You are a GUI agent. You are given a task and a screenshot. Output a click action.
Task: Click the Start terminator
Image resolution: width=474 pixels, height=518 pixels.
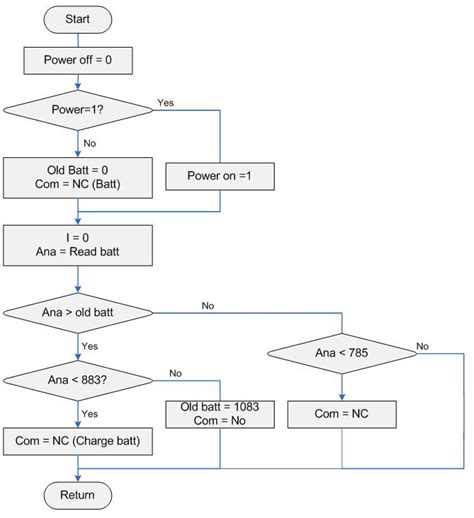click(x=77, y=19)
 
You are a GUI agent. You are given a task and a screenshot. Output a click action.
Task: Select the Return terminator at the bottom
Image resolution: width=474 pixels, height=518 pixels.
click(x=77, y=495)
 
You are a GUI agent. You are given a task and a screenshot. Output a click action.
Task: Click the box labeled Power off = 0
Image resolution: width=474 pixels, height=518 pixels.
click(x=77, y=60)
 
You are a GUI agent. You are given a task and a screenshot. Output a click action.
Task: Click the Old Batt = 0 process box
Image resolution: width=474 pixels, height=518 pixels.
click(x=77, y=176)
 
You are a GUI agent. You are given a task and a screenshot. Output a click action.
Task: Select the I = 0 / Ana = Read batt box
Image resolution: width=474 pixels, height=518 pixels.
click(x=77, y=244)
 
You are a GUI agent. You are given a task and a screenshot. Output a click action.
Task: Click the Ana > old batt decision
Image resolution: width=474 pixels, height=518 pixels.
click(x=77, y=314)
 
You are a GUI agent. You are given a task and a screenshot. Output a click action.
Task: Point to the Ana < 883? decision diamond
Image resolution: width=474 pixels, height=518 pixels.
click(x=77, y=379)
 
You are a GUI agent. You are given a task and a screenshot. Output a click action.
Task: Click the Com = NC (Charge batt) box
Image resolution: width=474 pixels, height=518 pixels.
click(x=77, y=440)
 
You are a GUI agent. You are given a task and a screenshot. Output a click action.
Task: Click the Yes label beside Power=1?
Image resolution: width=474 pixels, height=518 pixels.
click(x=167, y=102)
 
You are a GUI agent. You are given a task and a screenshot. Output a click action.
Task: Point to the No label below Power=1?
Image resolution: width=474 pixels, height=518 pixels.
click(x=91, y=143)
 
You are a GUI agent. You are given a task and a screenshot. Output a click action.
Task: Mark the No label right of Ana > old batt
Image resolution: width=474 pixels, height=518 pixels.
click(x=208, y=304)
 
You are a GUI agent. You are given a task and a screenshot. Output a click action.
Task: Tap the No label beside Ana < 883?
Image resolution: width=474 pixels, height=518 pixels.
click(x=175, y=372)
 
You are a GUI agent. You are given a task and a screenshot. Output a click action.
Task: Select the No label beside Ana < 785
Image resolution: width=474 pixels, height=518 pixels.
click(x=424, y=345)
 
